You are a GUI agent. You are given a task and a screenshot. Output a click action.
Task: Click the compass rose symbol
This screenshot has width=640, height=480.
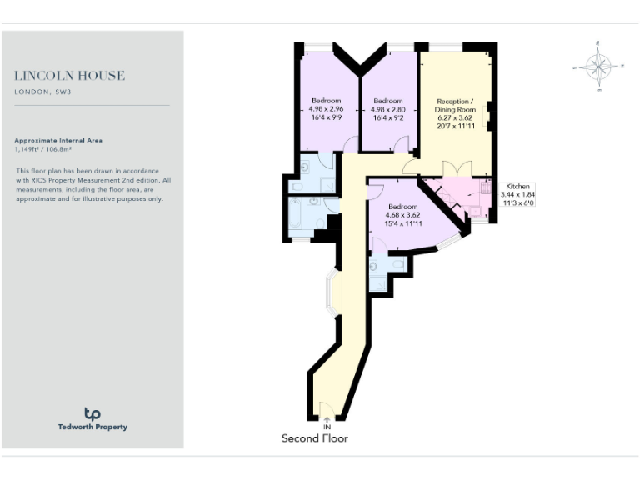[598, 66]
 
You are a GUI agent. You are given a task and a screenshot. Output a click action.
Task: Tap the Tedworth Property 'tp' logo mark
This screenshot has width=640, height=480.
[92, 413]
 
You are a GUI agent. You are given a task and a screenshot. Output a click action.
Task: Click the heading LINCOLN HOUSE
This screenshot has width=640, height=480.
[70, 76]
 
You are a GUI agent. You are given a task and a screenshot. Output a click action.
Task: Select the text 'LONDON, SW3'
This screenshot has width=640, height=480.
[42, 92]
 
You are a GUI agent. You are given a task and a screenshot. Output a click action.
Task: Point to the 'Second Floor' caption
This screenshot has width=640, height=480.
[315, 438]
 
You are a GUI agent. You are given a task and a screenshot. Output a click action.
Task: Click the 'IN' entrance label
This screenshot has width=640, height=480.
[327, 427]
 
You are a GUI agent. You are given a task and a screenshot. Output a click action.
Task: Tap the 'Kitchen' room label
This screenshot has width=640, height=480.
[517, 187]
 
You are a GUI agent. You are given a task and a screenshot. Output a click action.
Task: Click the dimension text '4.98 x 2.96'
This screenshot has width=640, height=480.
[326, 109]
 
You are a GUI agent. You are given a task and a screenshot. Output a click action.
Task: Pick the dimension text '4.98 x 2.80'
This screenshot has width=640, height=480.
[388, 109]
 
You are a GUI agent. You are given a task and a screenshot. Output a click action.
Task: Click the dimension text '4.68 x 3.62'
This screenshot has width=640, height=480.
[402, 215]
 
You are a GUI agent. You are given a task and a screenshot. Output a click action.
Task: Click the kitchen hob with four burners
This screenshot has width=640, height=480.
[485, 189]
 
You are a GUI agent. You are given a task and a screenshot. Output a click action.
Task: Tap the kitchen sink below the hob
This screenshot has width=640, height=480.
[477, 210]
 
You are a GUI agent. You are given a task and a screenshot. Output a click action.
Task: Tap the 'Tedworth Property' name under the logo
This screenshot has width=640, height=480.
[92, 427]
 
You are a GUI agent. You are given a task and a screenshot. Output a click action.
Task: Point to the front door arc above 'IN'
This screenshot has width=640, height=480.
[327, 412]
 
